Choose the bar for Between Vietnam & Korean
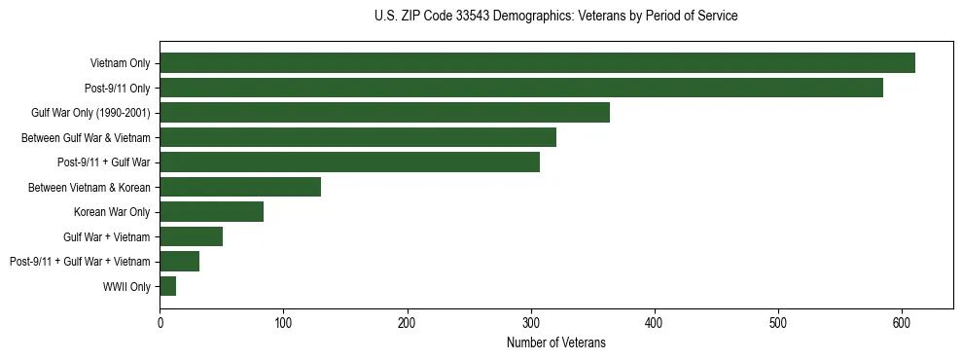tap(240, 187)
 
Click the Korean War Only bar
tap(211, 211)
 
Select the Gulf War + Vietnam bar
tap(191, 236)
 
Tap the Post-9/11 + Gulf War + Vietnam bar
tap(179, 261)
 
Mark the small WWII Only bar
tap(167, 286)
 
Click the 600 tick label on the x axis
tap(902, 323)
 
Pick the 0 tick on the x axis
tap(160, 323)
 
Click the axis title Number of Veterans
tap(556, 342)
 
